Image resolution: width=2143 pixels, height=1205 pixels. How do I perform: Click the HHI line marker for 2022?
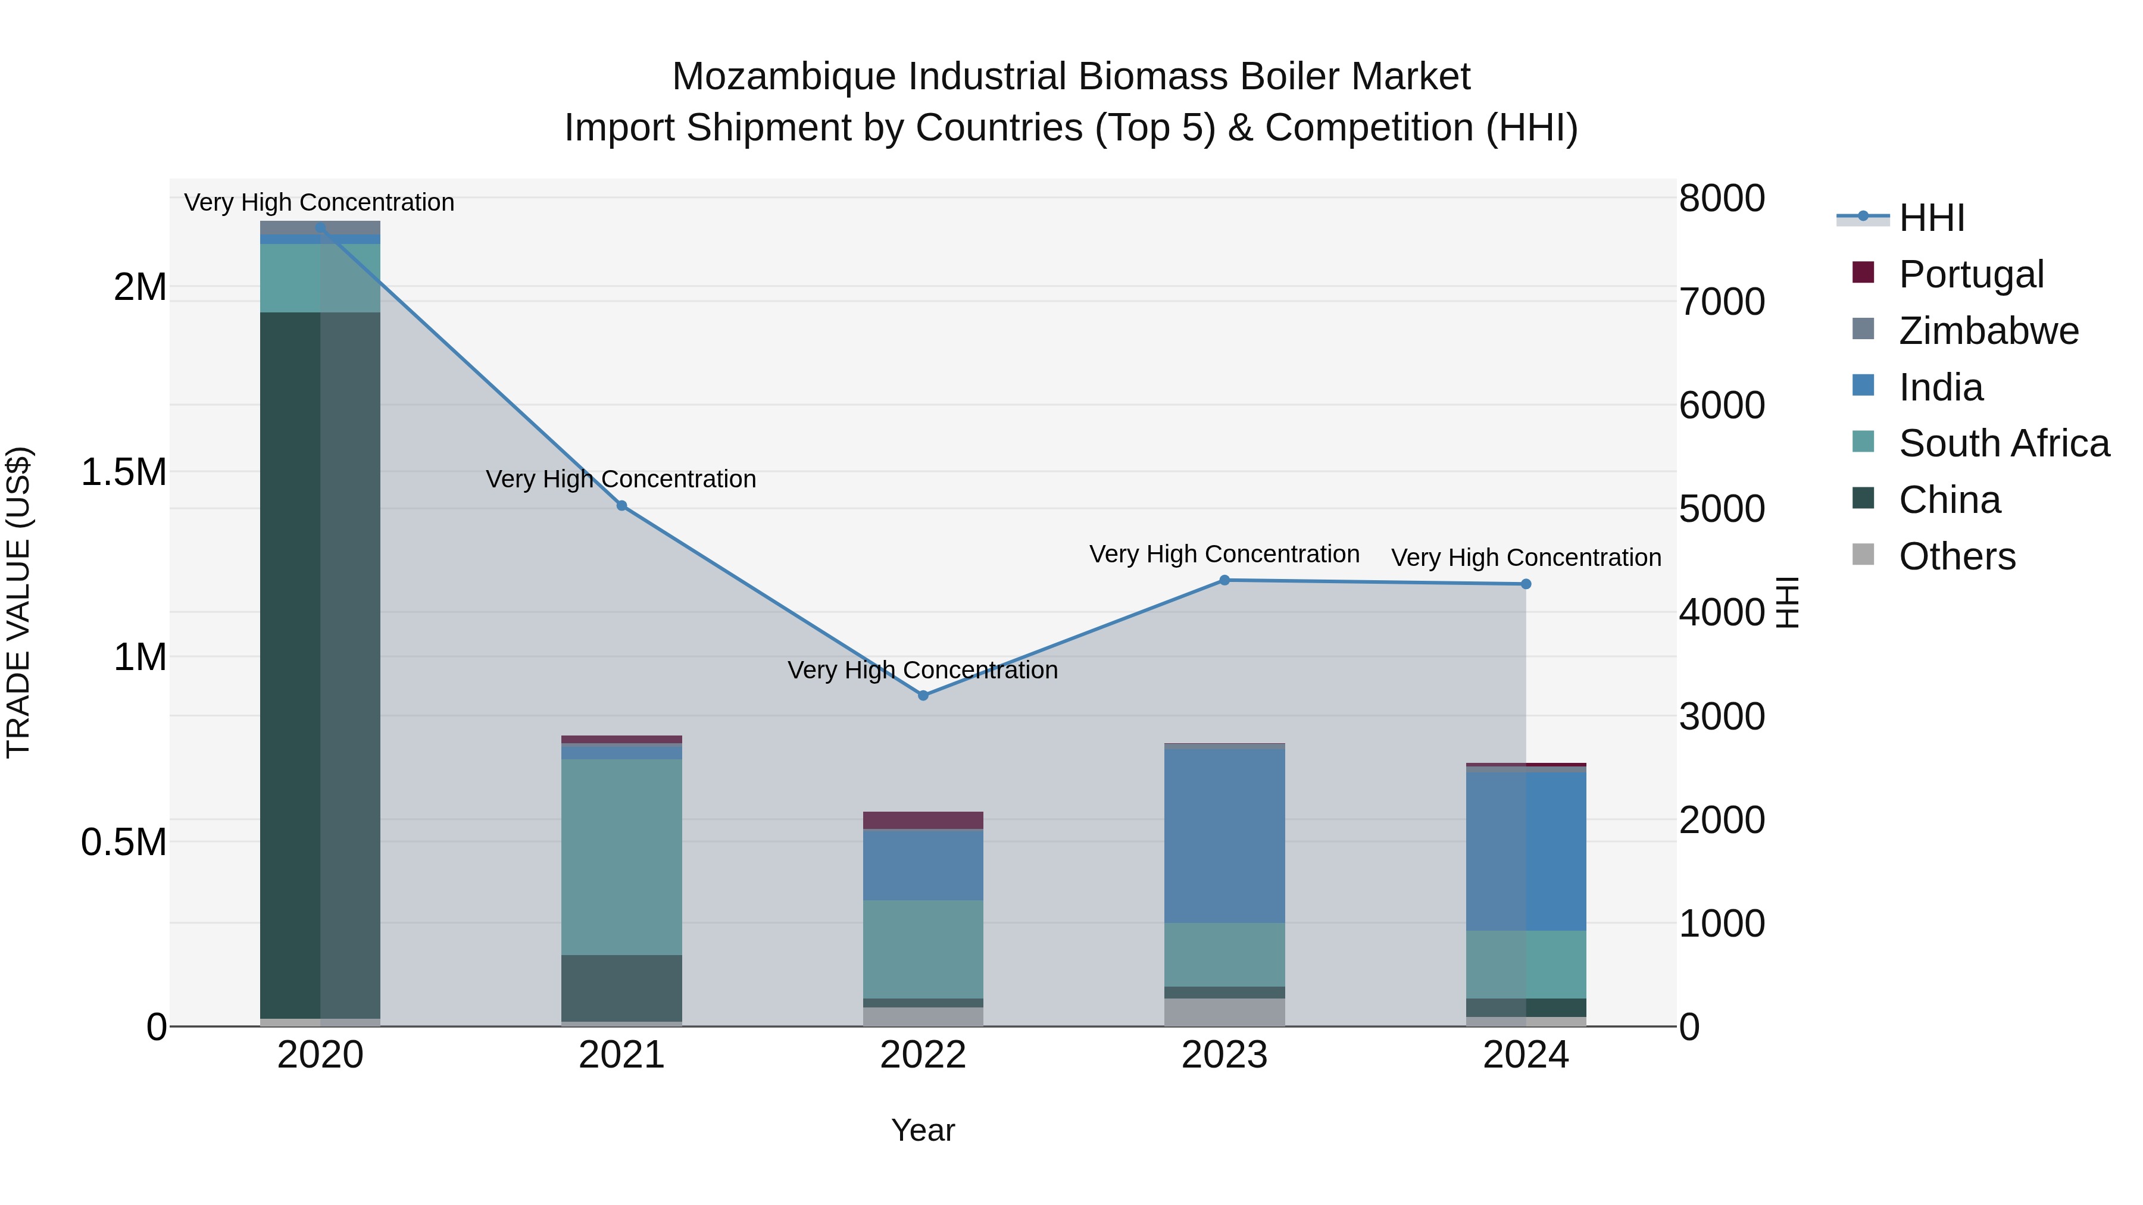pyautogui.click(x=923, y=695)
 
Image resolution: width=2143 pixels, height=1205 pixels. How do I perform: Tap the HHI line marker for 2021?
pyautogui.click(x=621, y=506)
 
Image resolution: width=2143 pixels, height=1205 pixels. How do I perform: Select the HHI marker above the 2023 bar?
pyautogui.click(x=1224, y=580)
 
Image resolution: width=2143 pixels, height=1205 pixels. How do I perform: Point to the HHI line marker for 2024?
pyautogui.click(x=1526, y=584)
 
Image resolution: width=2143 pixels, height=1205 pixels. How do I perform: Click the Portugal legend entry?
pyautogui.click(x=1971, y=274)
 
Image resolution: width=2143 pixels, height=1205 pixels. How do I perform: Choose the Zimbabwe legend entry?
pyautogui.click(x=1988, y=331)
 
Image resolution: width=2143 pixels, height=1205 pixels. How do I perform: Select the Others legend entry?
pyautogui.click(x=1957, y=556)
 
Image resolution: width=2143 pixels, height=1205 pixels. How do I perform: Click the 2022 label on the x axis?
pyautogui.click(x=923, y=1056)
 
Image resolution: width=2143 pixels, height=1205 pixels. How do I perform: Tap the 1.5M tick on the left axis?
pyautogui.click(x=124, y=472)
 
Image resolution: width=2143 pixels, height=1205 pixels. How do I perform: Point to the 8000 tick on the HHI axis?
pyautogui.click(x=1721, y=199)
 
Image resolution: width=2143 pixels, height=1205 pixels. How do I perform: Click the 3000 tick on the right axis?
pyautogui.click(x=1721, y=716)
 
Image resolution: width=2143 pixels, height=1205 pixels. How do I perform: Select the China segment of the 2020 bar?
pyautogui.click(x=320, y=665)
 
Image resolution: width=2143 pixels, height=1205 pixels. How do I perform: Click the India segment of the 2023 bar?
pyautogui.click(x=1224, y=836)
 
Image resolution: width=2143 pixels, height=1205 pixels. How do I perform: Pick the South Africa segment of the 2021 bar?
pyautogui.click(x=621, y=856)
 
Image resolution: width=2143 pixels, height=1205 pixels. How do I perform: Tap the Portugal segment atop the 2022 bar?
pyautogui.click(x=923, y=820)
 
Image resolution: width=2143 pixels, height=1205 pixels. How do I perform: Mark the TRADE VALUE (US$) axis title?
pyautogui.click(x=19, y=602)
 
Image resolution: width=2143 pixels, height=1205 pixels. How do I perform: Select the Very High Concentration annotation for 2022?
pyautogui.click(x=923, y=670)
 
